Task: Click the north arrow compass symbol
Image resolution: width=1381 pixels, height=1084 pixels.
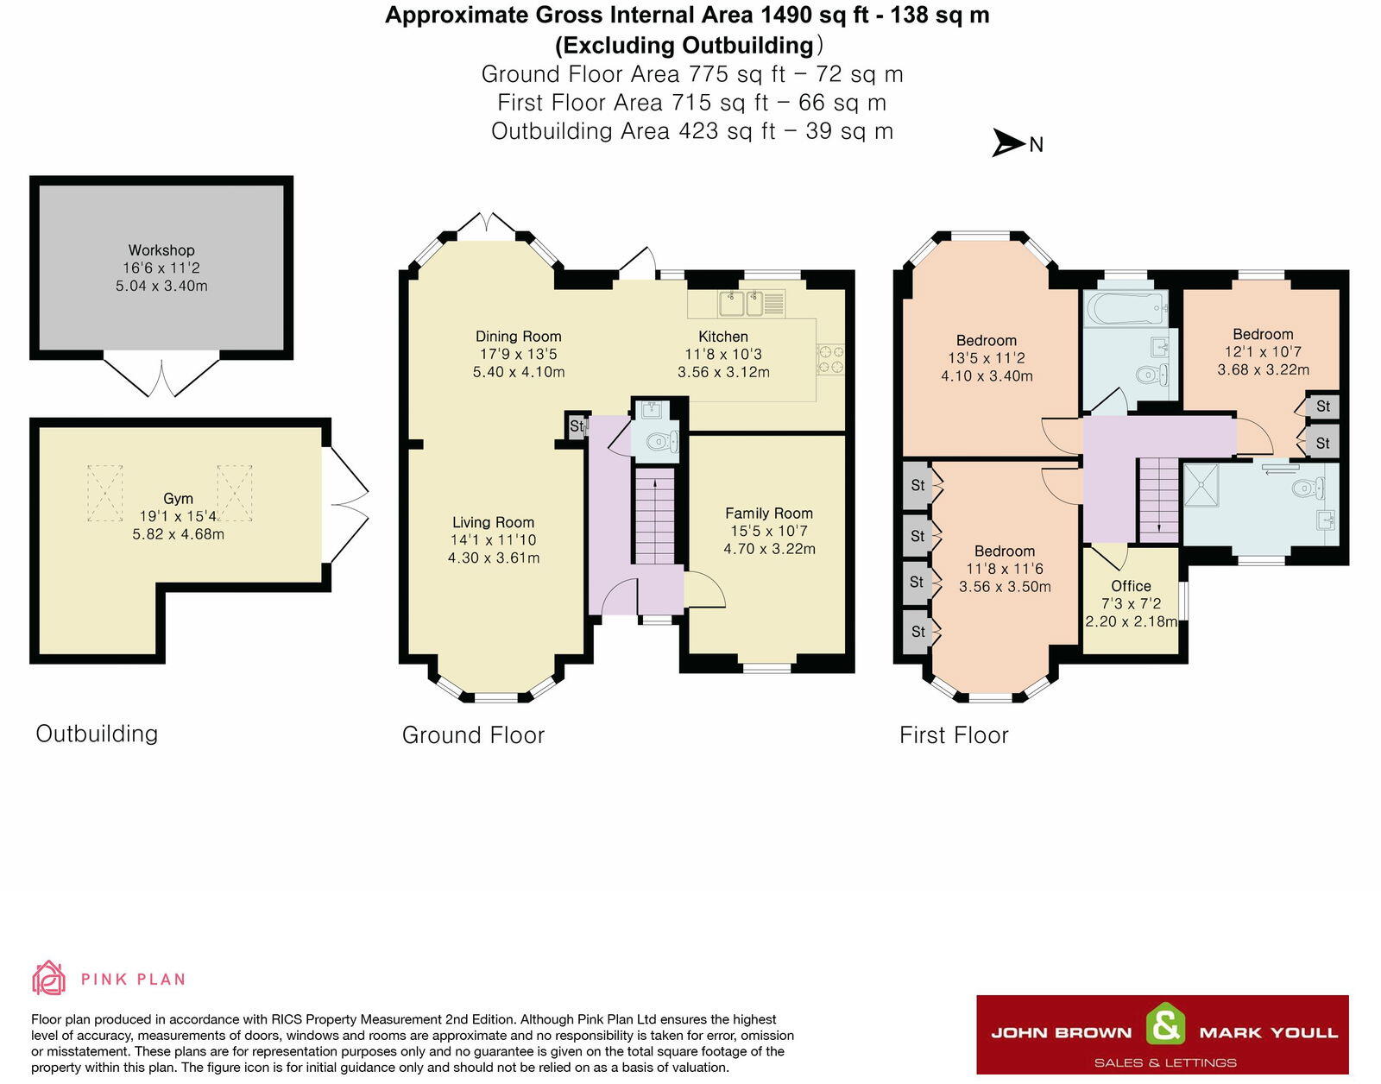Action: point(1008,143)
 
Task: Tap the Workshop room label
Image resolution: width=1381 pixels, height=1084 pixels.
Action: point(161,250)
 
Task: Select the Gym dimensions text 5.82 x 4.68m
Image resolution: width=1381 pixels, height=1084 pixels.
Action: point(178,534)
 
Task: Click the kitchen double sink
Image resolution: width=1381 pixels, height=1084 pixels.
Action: point(742,303)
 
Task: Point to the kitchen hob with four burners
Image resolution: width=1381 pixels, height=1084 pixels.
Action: point(830,359)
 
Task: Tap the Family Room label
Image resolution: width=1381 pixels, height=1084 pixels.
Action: point(768,513)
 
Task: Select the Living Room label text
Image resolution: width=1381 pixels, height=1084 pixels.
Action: point(493,522)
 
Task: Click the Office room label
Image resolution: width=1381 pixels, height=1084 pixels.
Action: point(1131,585)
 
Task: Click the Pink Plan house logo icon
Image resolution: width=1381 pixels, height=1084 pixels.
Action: point(48,978)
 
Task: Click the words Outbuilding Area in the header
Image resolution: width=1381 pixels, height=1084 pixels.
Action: point(580,131)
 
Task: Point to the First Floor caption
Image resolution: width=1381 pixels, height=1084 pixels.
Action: point(953,734)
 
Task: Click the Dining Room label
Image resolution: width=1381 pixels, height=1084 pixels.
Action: point(518,337)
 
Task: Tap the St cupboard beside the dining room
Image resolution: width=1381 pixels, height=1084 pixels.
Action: point(576,426)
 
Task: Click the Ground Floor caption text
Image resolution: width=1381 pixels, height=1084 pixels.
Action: point(473,734)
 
